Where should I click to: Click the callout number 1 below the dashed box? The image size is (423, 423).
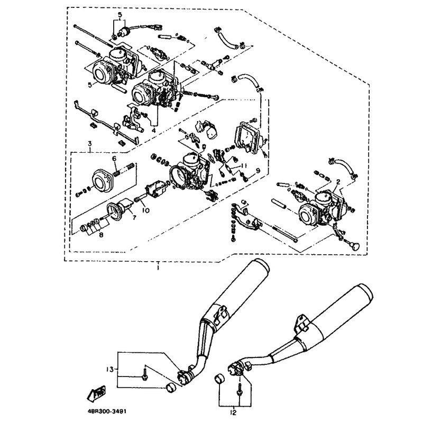pos(158,268)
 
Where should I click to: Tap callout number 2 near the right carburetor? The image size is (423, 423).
pos(338,182)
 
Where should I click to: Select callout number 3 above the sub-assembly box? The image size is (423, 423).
pos(90,143)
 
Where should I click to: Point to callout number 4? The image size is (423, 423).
pos(153,131)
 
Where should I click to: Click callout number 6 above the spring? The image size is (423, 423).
pos(114,159)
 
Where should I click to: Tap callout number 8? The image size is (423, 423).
pos(101,235)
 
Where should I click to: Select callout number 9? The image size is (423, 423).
pos(258,170)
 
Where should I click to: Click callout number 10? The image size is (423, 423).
pos(146,210)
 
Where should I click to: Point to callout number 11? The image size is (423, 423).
pos(244,165)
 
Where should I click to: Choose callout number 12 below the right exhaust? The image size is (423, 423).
pos(233,412)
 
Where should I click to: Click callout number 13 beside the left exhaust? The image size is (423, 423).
pos(110,369)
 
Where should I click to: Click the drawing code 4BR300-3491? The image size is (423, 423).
pos(107,411)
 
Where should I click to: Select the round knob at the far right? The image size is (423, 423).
pos(354,246)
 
